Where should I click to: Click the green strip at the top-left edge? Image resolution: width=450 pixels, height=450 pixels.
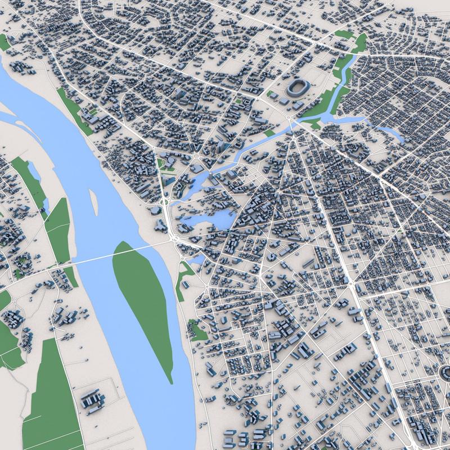point(5,42)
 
